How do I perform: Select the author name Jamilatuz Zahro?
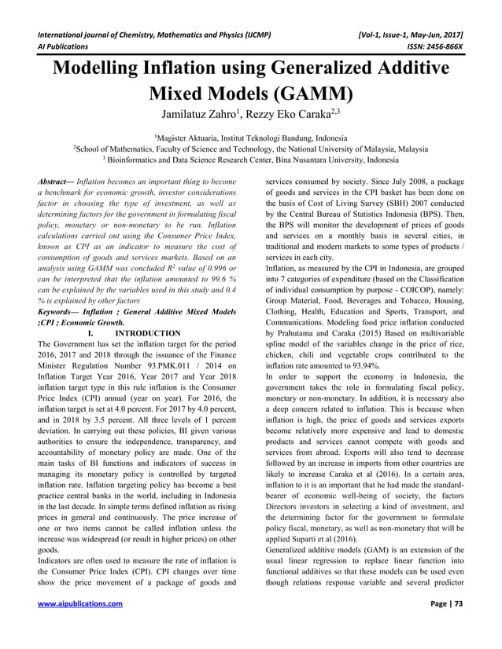tap(194, 121)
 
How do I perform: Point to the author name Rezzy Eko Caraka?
tap(299, 121)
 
